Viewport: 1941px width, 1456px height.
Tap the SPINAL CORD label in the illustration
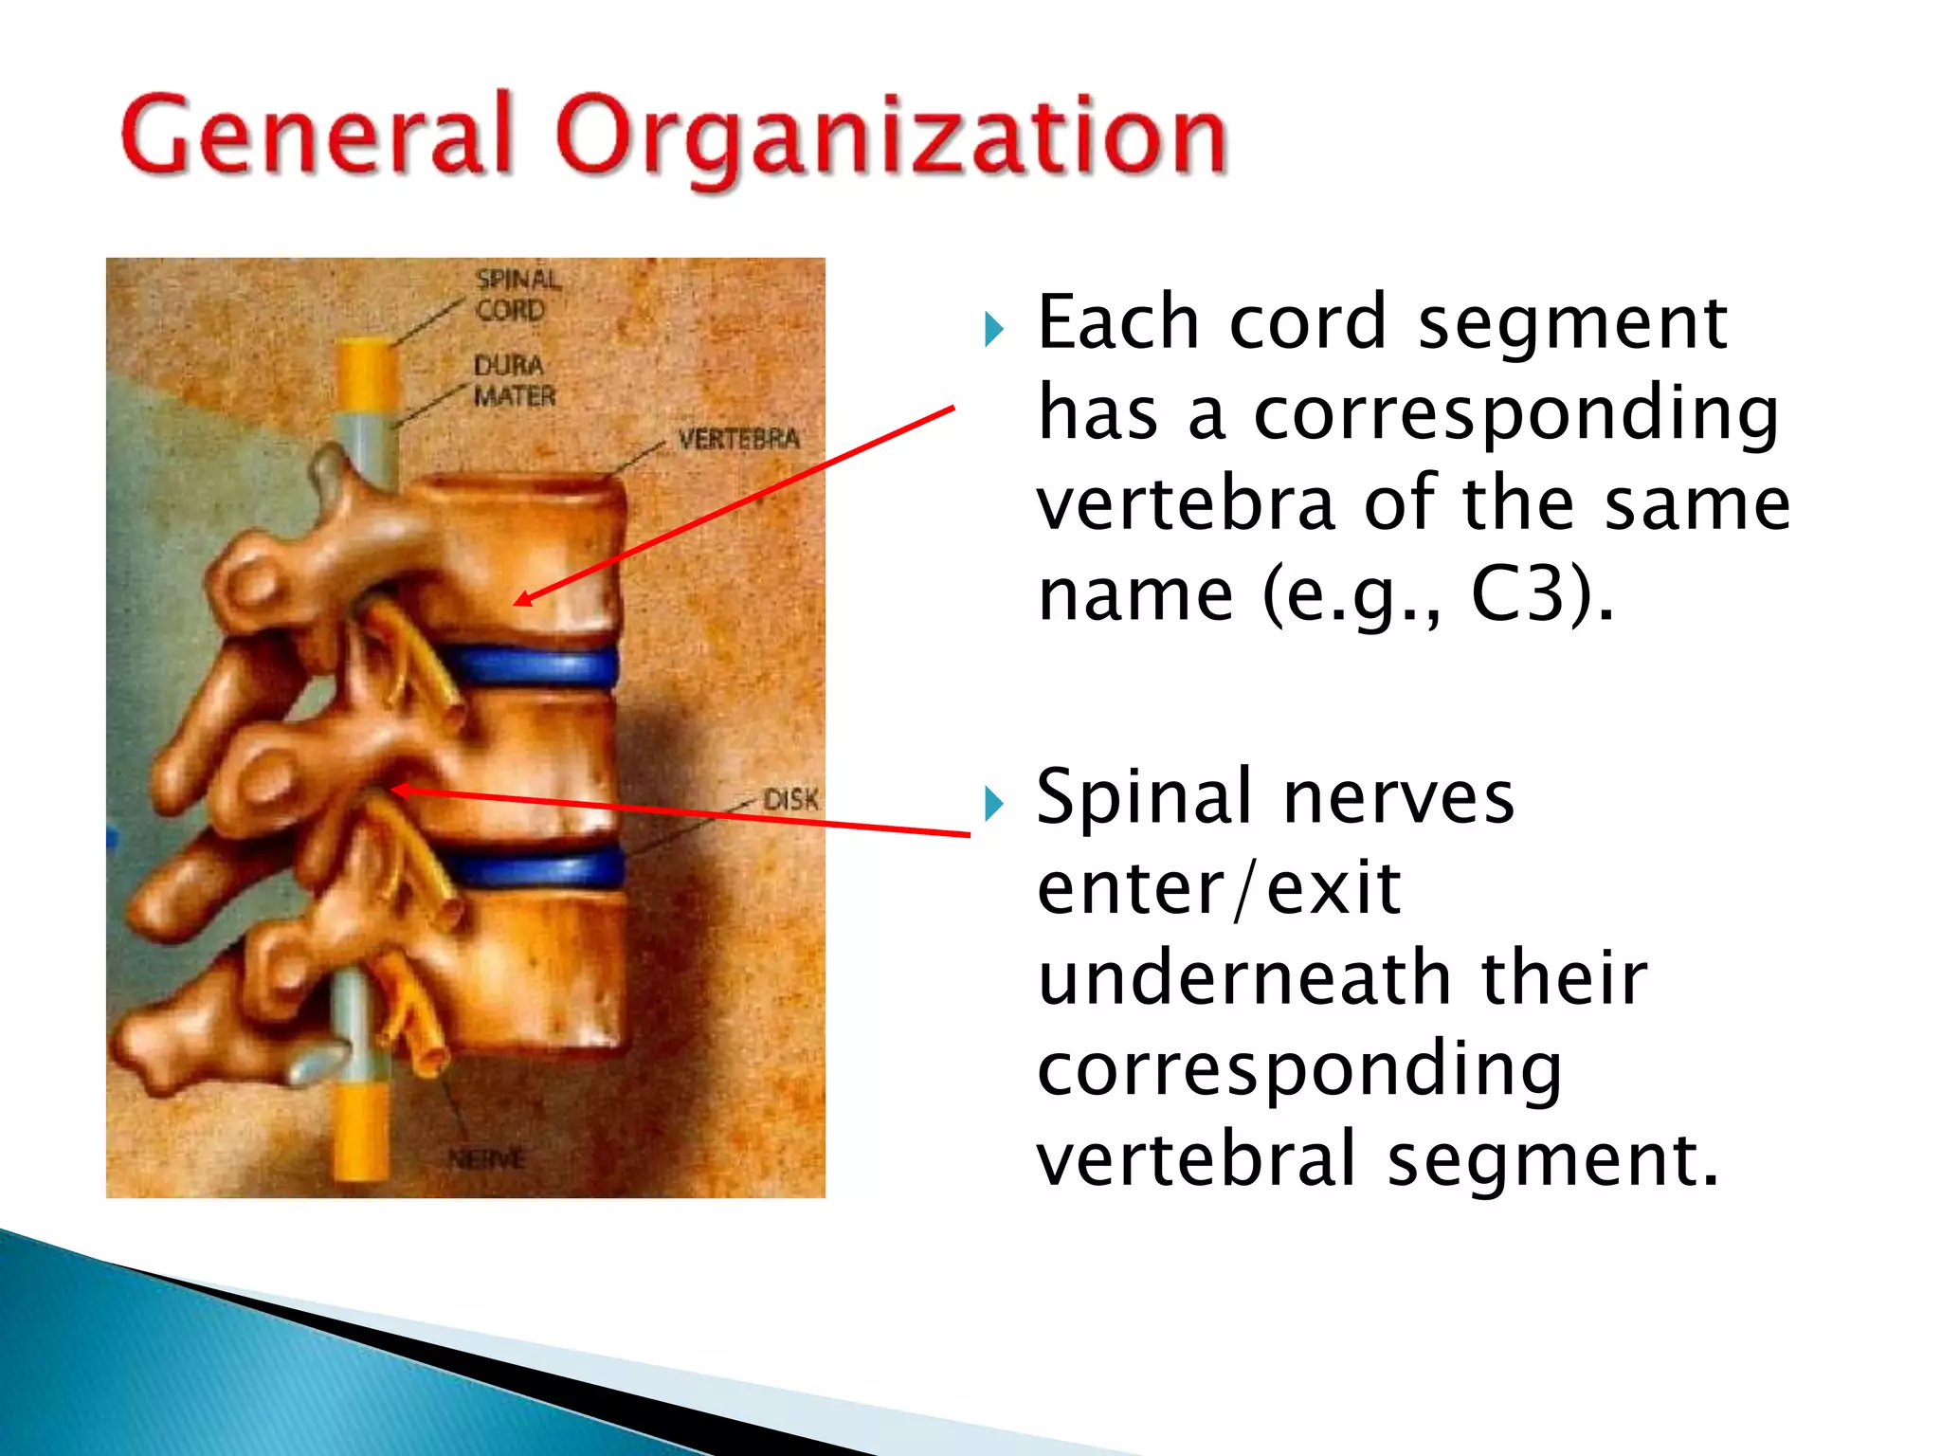click(x=517, y=295)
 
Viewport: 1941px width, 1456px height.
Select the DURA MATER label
click(x=515, y=380)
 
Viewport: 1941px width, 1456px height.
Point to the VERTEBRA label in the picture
click(x=738, y=439)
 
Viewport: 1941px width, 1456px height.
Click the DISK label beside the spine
click(x=790, y=800)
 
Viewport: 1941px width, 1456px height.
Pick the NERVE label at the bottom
click(x=486, y=1158)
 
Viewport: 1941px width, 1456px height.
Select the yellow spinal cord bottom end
click(x=361, y=1133)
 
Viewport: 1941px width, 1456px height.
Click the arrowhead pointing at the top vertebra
click(x=522, y=599)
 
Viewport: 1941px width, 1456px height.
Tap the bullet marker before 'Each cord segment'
click(x=993, y=329)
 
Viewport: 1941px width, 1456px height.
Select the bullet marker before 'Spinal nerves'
click(x=993, y=804)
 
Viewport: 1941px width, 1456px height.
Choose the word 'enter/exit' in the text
click(x=1218, y=888)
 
